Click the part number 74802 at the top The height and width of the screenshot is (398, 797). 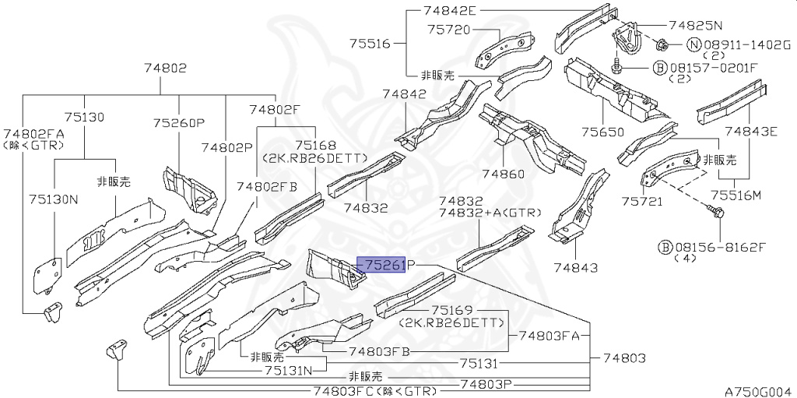(165, 68)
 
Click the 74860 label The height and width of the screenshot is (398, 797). (503, 174)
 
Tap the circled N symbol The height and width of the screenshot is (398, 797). (693, 44)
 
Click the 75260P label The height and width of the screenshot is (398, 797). (178, 123)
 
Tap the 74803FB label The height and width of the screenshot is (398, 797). (380, 351)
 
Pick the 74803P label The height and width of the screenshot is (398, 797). (486, 383)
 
